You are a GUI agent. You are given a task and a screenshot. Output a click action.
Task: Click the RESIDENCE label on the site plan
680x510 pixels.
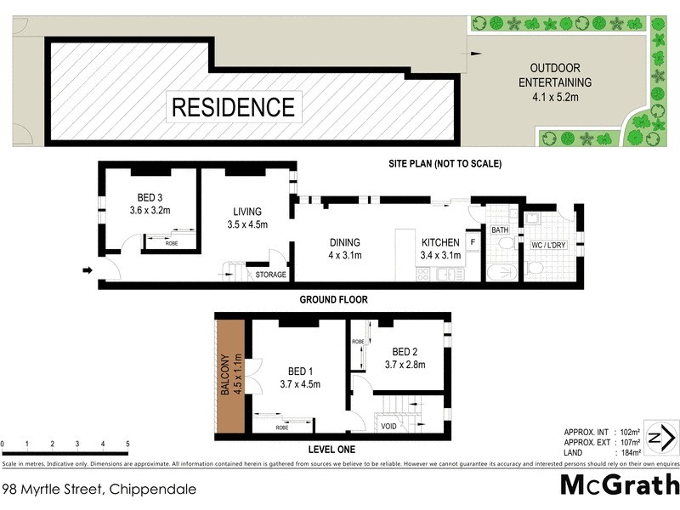click(x=233, y=107)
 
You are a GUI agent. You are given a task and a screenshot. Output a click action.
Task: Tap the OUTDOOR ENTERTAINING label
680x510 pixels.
click(x=560, y=76)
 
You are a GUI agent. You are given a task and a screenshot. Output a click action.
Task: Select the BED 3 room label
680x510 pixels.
click(x=149, y=201)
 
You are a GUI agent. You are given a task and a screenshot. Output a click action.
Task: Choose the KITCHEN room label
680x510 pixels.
click(x=440, y=247)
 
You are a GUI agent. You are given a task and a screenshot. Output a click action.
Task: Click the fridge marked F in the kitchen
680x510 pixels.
click(x=472, y=241)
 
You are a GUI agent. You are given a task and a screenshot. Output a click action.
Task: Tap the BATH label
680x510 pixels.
click(x=499, y=229)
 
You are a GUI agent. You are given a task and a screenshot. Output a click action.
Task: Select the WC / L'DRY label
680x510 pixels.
click(x=549, y=246)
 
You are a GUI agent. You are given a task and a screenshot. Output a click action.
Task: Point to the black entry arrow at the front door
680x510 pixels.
click(x=87, y=271)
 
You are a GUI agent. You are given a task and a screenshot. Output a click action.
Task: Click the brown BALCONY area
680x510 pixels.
click(x=229, y=376)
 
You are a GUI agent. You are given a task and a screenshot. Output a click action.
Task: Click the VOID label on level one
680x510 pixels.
click(x=390, y=425)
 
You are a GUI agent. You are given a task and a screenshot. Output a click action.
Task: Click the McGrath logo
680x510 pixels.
click(x=620, y=485)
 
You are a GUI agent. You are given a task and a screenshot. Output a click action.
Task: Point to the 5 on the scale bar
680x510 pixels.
click(x=127, y=444)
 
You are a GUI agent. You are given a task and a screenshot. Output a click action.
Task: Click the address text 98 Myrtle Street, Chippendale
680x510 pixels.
click(x=99, y=489)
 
